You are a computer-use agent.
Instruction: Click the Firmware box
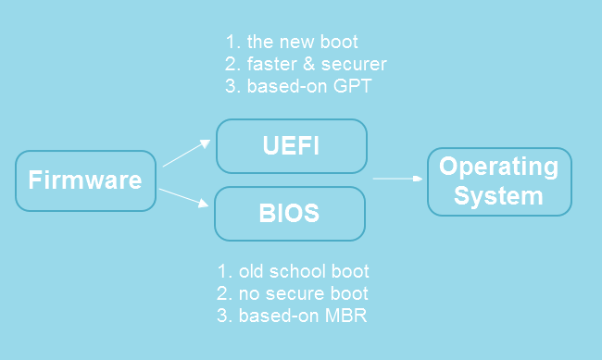pyautogui.click(x=85, y=180)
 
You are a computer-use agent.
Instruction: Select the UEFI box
pyautogui.click(x=291, y=146)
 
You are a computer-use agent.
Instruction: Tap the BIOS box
pyautogui.click(x=289, y=214)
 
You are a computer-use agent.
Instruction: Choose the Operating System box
pyautogui.click(x=498, y=181)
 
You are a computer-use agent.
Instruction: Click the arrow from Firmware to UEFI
pyautogui.click(x=186, y=153)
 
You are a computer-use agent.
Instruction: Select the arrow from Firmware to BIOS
pyautogui.click(x=182, y=198)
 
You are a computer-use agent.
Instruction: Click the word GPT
pyautogui.click(x=355, y=87)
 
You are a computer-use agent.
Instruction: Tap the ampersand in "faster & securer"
pyautogui.click(x=307, y=65)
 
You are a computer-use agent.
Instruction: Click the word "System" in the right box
pyautogui.click(x=498, y=196)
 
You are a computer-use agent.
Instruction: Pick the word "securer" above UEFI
pyautogui.click(x=352, y=65)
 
